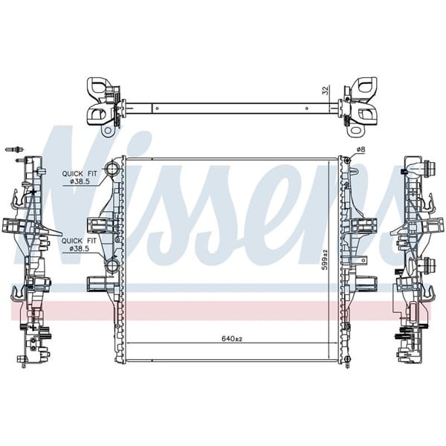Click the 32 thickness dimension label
[324, 91]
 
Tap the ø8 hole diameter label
[360, 150]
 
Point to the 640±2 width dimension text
[232, 338]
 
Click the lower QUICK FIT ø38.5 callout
[77, 244]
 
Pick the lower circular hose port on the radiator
[113, 265]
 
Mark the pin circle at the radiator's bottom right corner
[346, 361]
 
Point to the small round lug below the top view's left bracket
[108, 131]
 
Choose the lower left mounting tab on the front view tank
[98, 283]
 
